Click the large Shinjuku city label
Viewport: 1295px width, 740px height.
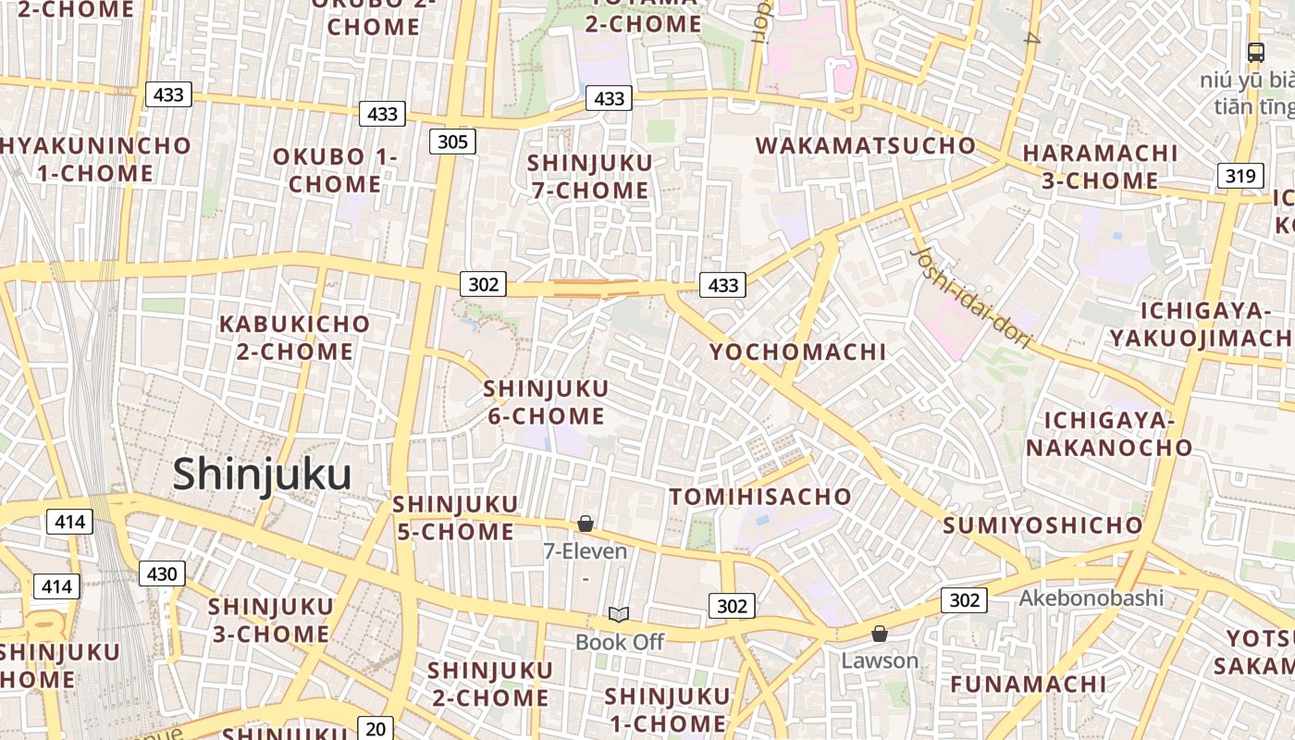pyautogui.click(x=262, y=475)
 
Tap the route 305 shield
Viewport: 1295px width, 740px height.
pyautogui.click(x=452, y=142)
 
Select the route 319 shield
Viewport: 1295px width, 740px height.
pyautogui.click(x=1239, y=176)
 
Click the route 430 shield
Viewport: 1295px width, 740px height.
pyautogui.click(x=162, y=573)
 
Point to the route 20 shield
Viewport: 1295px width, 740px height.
pyautogui.click(x=375, y=729)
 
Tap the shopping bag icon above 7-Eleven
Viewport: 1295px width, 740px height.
pyautogui.click(x=585, y=524)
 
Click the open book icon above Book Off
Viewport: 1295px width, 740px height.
pyautogui.click(x=619, y=614)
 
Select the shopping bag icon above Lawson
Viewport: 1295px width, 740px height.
pyautogui.click(x=879, y=634)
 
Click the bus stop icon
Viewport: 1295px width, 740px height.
pyautogui.click(x=1255, y=52)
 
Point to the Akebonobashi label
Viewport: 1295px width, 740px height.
pyautogui.click(x=1091, y=598)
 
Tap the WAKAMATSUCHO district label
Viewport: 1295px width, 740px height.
pyautogui.click(x=866, y=145)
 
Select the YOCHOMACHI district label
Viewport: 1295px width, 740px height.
pyautogui.click(x=797, y=351)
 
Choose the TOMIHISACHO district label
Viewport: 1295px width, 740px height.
pyautogui.click(x=760, y=497)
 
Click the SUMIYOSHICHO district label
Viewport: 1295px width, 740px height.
pyautogui.click(x=1042, y=525)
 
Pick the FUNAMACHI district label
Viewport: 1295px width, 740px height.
pyautogui.click(x=1028, y=684)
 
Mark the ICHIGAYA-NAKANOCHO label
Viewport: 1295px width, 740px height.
pyautogui.click(x=1108, y=434)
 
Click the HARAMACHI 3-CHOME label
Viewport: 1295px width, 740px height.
pyautogui.click(x=1099, y=166)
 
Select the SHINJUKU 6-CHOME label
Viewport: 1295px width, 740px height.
pyautogui.click(x=546, y=401)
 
